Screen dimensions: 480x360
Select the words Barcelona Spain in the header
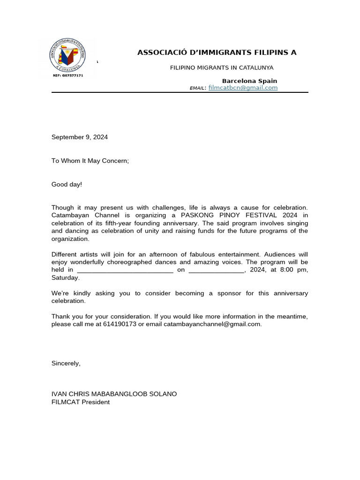coord(249,81)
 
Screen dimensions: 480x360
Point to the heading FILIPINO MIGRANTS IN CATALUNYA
coord(221,67)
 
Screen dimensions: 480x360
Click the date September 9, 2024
coord(80,137)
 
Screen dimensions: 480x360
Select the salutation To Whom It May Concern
coord(90,161)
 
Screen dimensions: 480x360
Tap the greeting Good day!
coord(67,184)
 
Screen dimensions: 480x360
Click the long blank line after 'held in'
coord(125,270)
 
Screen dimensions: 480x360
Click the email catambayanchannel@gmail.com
coord(212,324)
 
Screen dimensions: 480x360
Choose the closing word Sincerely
coord(65,363)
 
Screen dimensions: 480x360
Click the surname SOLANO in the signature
coord(163,394)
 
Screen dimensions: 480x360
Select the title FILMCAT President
coord(81,402)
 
